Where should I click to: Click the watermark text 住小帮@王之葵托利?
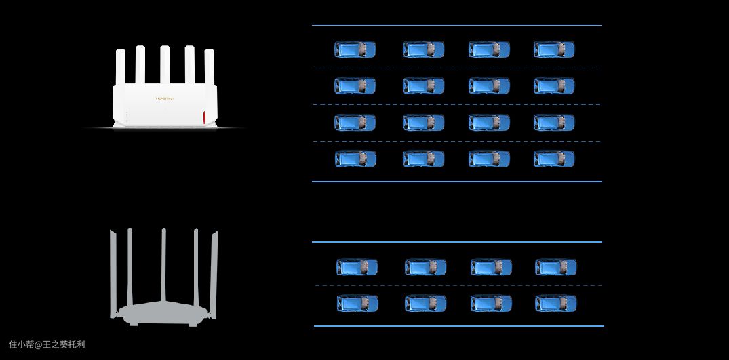(x=47, y=344)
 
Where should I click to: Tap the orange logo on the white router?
(x=164, y=98)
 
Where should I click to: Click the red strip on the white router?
(x=204, y=117)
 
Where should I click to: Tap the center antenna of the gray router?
(x=163, y=266)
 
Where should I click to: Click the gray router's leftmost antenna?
(x=113, y=271)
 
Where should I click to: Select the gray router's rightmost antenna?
(x=214, y=271)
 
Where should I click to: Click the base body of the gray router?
(x=163, y=314)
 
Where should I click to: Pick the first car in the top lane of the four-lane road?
(x=355, y=49)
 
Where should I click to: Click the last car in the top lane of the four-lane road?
(x=554, y=49)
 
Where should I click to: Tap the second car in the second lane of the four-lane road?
(x=423, y=86)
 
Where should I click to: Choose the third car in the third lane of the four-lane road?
(x=489, y=123)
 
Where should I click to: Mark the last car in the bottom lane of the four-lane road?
(x=554, y=159)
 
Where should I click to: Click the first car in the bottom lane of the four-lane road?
(x=355, y=159)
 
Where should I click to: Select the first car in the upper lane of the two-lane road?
(x=357, y=267)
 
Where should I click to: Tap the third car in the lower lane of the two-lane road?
(x=491, y=304)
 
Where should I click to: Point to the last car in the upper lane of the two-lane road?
(x=555, y=267)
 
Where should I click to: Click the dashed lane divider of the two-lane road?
(x=458, y=285)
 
